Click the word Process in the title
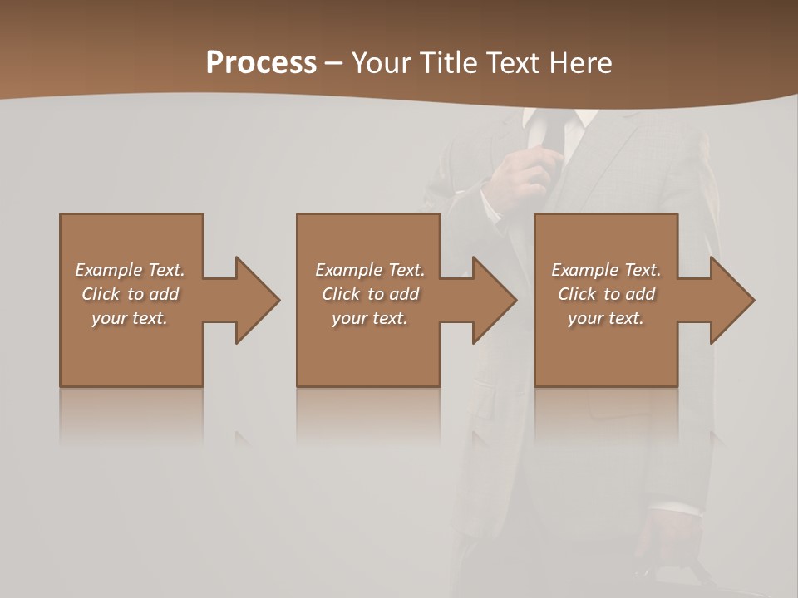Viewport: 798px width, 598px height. (x=261, y=63)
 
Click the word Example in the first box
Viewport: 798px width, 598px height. (x=109, y=270)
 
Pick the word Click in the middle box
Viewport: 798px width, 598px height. (x=339, y=294)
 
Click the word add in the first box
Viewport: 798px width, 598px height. (x=165, y=294)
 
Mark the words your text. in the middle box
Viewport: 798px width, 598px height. (x=369, y=318)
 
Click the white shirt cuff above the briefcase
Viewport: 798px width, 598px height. (x=675, y=508)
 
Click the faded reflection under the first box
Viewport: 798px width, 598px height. (x=131, y=415)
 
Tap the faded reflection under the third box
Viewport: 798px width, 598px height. (x=605, y=415)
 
